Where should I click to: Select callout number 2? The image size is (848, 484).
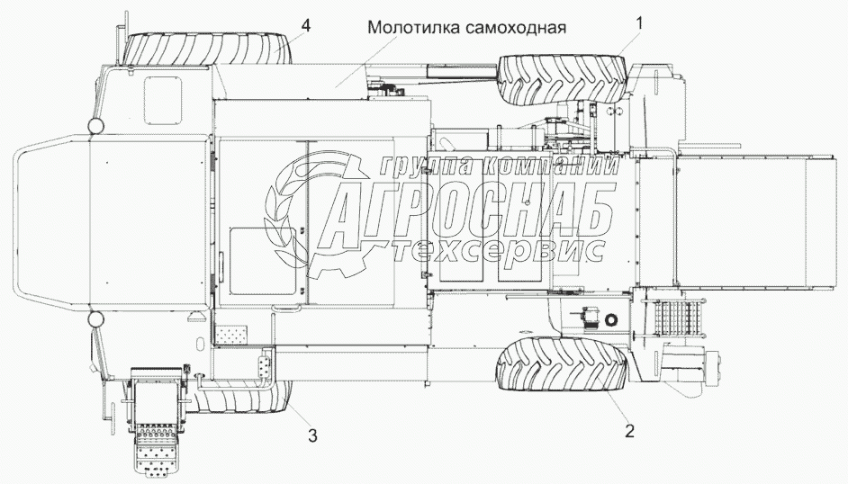pos(629,430)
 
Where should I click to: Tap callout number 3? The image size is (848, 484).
pos(311,436)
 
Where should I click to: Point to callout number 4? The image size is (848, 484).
pos(306,26)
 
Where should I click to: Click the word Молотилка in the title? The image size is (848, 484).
pos(412,28)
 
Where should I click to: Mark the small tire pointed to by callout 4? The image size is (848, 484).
pos(210,46)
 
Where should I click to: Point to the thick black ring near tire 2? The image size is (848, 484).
pos(614,319)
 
